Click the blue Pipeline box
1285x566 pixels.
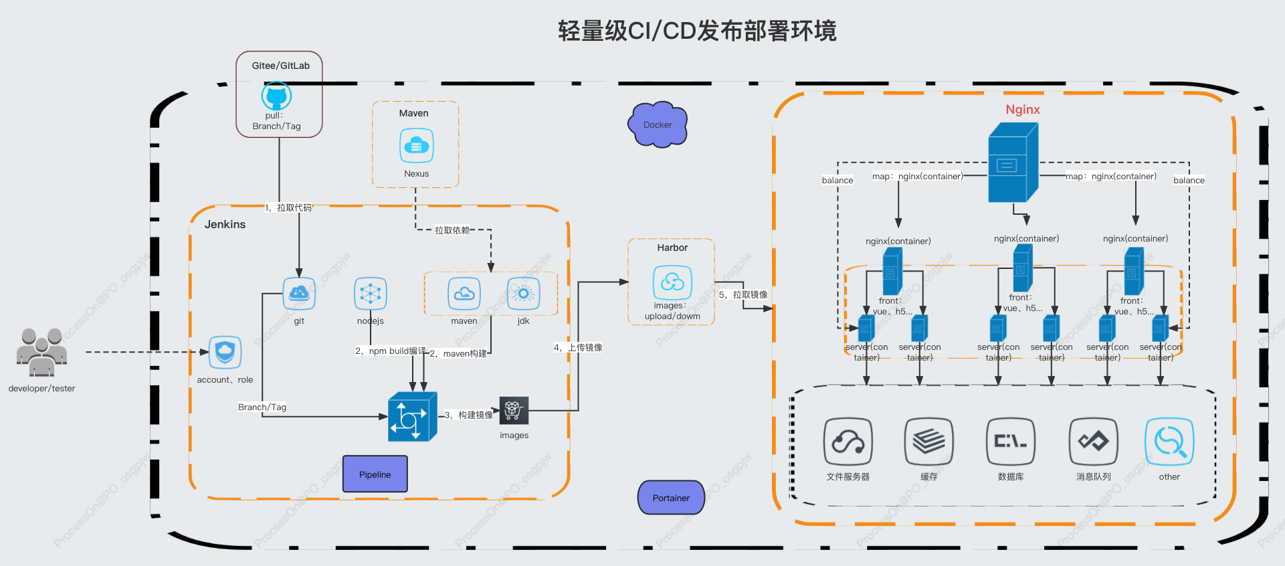click(x=375, y=474)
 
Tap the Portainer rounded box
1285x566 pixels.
click(x=671, y=498)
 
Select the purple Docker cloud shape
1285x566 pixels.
click(x=658, y=124)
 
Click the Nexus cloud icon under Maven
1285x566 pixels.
click(x=416, y=146)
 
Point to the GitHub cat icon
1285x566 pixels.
click(x=276, y=96)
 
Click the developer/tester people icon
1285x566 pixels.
click(x=41, y=352)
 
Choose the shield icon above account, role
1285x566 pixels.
click(x=225, y=352)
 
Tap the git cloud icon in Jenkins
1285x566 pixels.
click(x=299, y=293)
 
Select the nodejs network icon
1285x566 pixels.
click(x=371, y=293)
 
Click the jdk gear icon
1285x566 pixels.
click(x=523, y=293)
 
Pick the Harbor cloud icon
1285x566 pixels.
click(x=672, y=282)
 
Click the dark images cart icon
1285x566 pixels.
click(x=514, y=410)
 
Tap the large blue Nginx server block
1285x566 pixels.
click(x=1012, y=163)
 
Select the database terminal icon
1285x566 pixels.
click(x=1010, y=442)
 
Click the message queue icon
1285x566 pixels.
click(x=1093, y=442)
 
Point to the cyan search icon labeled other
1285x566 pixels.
click(x=1169, y=442)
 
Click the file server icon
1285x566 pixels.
click(x=848, y=442)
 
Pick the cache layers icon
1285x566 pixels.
click(x=928, y=442)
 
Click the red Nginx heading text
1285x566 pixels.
click(x=1022, y=110)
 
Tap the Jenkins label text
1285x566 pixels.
click(x=225, y=225)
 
